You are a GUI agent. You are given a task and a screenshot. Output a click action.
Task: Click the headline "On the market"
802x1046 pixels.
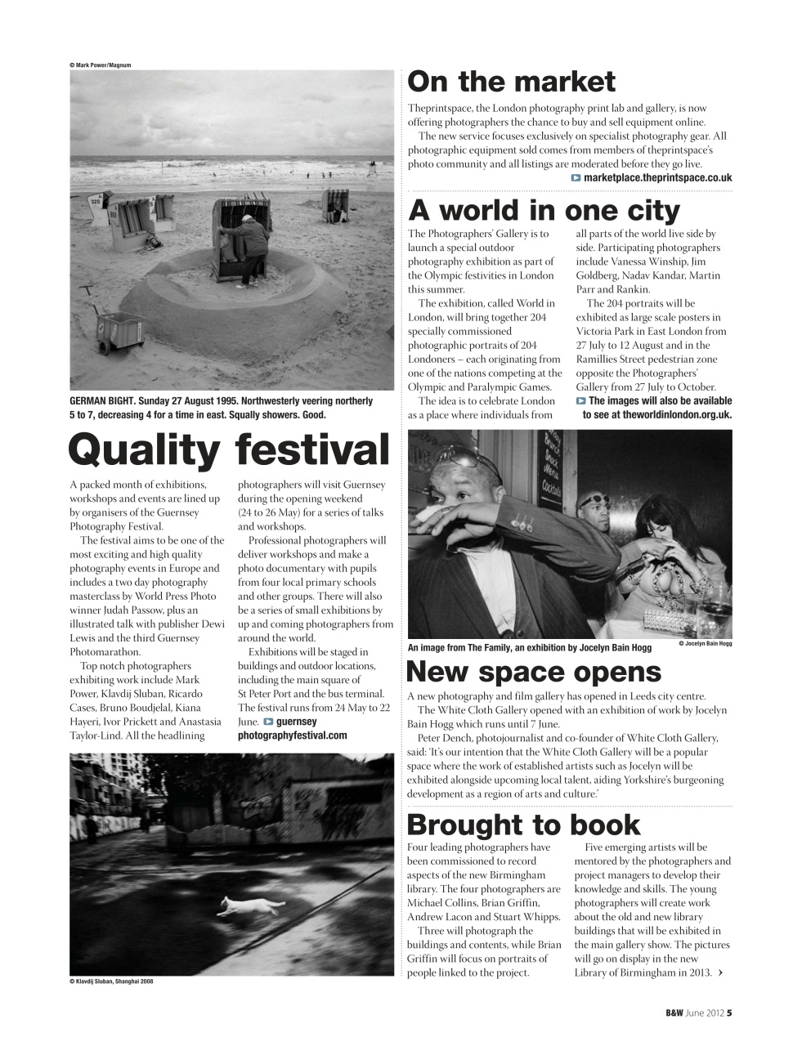(x=511, y=83)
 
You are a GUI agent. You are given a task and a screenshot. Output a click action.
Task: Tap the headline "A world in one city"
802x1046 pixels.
(x=544, y=211)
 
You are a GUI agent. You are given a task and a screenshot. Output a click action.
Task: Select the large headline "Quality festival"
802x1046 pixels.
(x=230, y=450)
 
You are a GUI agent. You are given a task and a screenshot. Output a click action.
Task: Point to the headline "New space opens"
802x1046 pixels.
(x=534, y=672)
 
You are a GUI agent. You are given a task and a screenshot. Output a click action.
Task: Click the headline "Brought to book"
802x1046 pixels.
(x=524, y=825)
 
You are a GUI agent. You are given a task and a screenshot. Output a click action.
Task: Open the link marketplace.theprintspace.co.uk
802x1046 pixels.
(x=657, y=177)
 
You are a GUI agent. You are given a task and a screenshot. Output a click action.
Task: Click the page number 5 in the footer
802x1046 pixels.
(x=729, y=1013)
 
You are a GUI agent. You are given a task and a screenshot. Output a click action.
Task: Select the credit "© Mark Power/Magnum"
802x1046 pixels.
(x=101, y=65)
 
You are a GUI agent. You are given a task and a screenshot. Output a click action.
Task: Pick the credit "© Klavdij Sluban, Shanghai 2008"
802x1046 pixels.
(x=111, y=981)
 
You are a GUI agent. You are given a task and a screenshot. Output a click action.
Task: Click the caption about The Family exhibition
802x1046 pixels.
(x=529, y=648)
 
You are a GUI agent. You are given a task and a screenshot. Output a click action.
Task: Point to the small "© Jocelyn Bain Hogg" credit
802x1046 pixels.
(x=705, y=644)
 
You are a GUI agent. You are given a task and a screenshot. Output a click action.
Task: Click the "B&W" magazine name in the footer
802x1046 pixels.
(x=674, y=1013)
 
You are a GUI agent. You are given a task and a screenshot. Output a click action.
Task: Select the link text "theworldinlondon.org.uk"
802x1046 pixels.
(x=676, y=414)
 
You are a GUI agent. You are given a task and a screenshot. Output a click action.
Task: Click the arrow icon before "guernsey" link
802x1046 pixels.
(x=268, y=722)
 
